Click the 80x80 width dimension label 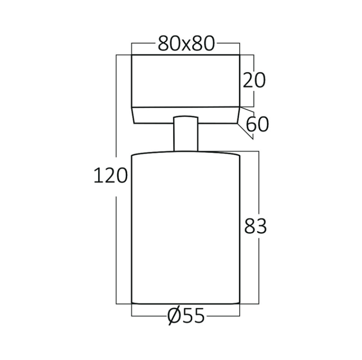point(186,44)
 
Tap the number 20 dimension point(254,80)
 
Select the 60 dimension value point(257,124)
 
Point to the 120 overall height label point(110,176)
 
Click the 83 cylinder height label point(256,226)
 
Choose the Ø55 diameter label point(186,316)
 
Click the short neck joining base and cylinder point(186,134)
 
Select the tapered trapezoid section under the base point(186,115)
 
